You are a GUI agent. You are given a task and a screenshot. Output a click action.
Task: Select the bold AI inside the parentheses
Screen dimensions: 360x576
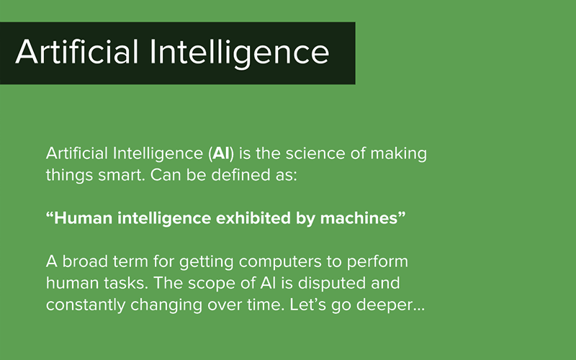(x=218, y=154)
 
